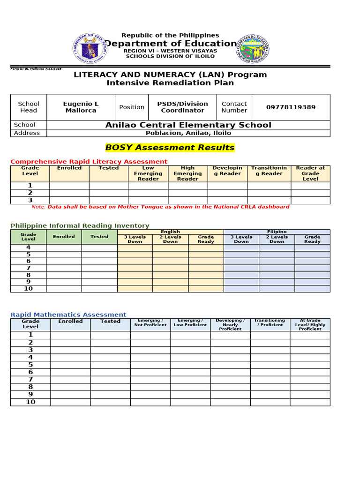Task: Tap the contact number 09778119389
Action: pyautogui.click(x=291, y=107)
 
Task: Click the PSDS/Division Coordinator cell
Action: pyautogui.click(x=182, y=107)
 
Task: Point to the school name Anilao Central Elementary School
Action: pyautogui.click(x=188, y=125)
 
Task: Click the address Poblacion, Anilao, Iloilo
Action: pyautogui.click(x=188, y=133)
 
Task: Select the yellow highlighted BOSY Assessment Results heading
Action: pyautogui.click(x=170, y=148)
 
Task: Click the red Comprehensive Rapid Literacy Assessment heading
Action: pyautogui.click(x=89, y=161)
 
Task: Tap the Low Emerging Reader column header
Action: pyautogui.click(x=148, y=173)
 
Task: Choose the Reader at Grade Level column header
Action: pyautogui.click(x=310, y=173)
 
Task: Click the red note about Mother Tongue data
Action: pyautogui.click(x=160, y=207)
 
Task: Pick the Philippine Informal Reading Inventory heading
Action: pyautogui.click(x=80, y=225)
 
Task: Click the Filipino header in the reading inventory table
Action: pyautogui.click(x=277, y=232)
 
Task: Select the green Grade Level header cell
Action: pyautogui.click(x=28, y=237)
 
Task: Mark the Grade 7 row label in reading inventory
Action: pyautogui.click(x=28, y=268)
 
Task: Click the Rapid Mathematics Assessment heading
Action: pyautogui.click(x=68, y=315)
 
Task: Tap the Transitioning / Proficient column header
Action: pyautogui.click(x=270, y=323)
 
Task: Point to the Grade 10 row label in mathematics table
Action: pyautogui.click(x=30, y=402)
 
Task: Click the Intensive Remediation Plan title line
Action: pyautogui.click(x=170, y=83)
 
